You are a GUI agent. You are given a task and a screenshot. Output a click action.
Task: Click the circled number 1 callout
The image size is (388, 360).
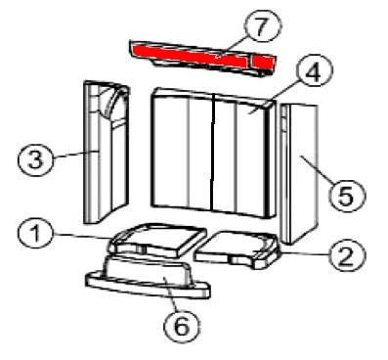click(35, 234)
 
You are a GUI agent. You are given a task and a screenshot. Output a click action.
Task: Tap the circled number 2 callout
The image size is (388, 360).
click(346, 255)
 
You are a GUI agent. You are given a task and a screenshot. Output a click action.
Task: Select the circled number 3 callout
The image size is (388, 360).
click(35, 158)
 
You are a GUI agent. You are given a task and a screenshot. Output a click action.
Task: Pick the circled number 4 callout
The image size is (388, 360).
click(314, 73)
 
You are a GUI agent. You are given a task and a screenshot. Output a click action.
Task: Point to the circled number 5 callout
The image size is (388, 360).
click(347, 195)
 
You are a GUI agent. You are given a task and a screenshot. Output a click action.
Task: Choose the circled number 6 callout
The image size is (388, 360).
click(182, 325)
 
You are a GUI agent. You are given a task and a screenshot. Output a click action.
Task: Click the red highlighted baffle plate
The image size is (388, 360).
click(202, 58)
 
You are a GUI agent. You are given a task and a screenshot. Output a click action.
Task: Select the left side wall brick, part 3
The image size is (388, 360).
click(106, 152)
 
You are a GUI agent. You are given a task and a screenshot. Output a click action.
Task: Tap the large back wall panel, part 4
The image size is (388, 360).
click(212, 153)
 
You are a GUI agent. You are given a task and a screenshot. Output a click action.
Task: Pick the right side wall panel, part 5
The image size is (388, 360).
click(298, 174)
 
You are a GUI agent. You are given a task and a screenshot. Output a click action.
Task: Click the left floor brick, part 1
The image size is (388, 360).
click(157, 240)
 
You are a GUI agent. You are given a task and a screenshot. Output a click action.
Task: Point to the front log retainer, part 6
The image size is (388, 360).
click(149, 277)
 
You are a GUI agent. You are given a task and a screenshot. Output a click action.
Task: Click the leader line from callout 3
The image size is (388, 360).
click(75, 155)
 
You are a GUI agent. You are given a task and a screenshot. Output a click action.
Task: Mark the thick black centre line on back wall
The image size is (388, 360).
click(213, 153)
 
